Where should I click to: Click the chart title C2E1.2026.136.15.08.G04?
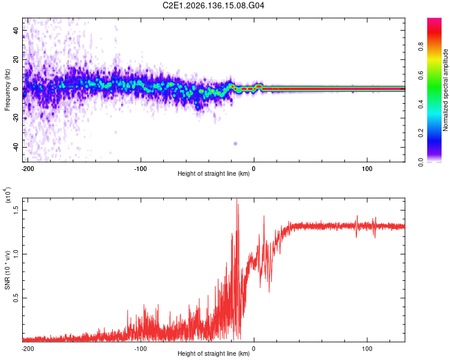(x=213, y=5)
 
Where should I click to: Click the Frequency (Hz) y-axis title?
(x=7, y=90)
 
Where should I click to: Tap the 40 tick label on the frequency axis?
(x=16, y=30)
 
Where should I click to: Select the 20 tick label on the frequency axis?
(x=16, y=59)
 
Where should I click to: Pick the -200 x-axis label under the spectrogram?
(x=28, y=169)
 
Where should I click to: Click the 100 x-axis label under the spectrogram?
(x=367, y=169)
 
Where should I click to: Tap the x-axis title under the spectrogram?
(x=214, y=173)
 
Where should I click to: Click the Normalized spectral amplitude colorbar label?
(x=445, y=90)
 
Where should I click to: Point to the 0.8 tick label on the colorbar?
(x=421, y=46)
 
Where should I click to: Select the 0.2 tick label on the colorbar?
(x=421, y=133)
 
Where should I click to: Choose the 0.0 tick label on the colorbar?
(x=421, y=162)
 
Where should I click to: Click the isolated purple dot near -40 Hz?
(x=236, y=143)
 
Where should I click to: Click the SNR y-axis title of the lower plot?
(x=7, y=270)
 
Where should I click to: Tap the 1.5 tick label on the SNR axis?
(x=16, y=210)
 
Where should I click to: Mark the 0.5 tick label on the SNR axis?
(x=16, y=298)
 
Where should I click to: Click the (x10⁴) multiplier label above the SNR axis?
(x=7, y=195)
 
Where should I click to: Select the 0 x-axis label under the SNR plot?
(x=253, y=349)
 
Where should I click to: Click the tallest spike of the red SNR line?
(x=237, y=199)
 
